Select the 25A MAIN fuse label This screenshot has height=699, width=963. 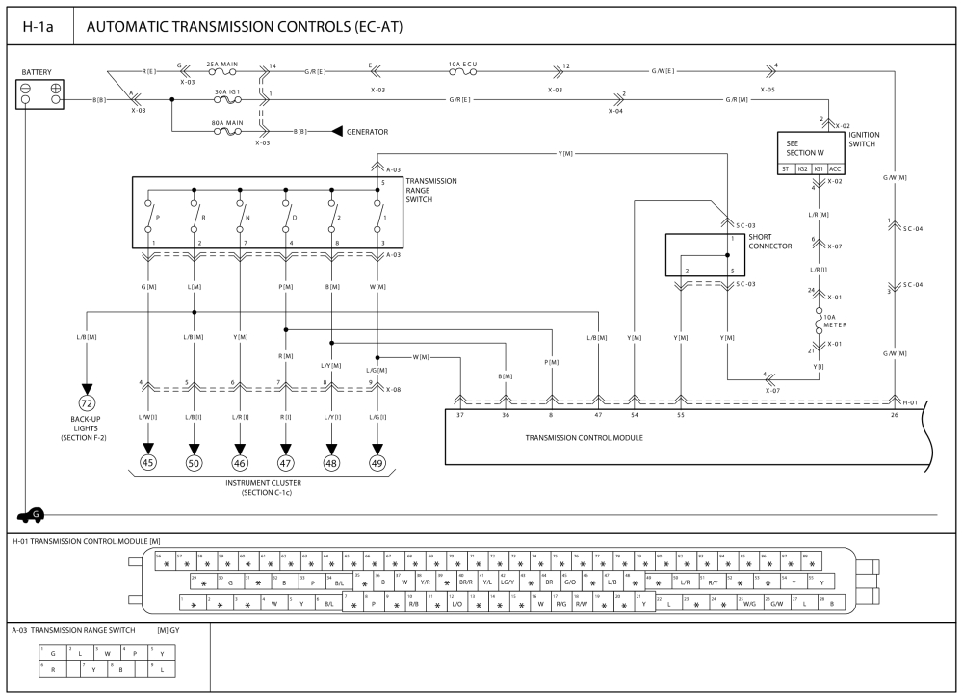click(x=222, y=65)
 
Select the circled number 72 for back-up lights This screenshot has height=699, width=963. click(x=88, y=401)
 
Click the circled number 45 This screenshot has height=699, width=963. click(x=148, y=463)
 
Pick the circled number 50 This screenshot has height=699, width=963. click(x=195, y=463)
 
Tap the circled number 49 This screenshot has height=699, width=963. click(x=377, y=463)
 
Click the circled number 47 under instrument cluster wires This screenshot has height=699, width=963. click(x=286, y=463)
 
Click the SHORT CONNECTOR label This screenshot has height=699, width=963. click(x=771, y=242)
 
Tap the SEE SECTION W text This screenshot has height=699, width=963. click(x=801, y=147)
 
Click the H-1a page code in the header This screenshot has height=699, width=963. click(x=38, y=27)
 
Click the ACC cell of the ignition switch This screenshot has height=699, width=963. click(x=835, y=169)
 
